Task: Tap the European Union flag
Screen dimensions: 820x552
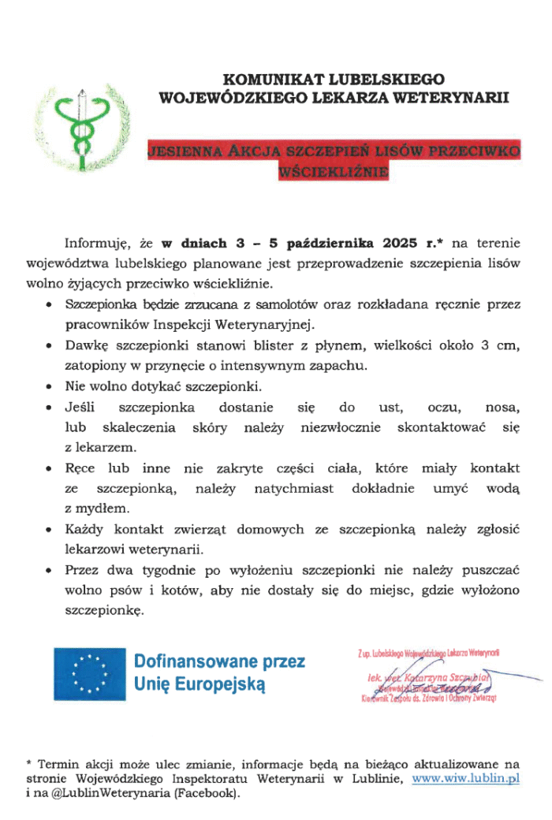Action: point(89,674)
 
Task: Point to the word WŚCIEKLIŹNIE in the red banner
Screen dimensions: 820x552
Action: point(334,170)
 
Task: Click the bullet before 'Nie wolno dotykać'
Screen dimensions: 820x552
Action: point(50,387)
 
